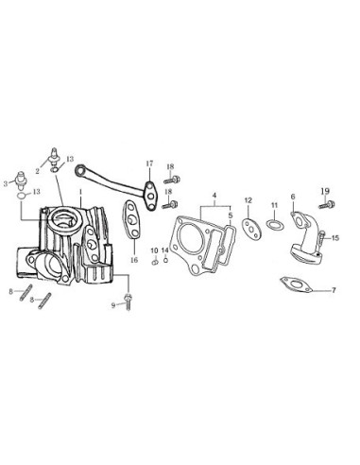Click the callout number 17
[x=149, y=164]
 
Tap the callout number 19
[x=325, y=191]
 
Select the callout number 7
[x=334, y=290]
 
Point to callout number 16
[x=134, y=260]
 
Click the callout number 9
[x=113, y=305]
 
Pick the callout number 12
[x=249, y=200]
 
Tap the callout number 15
[x=335, y=238]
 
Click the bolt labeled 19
[x=327, y=205]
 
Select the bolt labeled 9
[x=128, y=301]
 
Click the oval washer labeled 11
[x=275, y=225]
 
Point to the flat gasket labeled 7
[x=296, y=284]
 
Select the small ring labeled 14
[x=165, y=260]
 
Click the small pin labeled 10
[x=154, y=262]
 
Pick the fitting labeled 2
[x=54, y=156]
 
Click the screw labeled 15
[x=321, y=239]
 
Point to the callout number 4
[x=214, y=196]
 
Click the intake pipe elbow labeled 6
[x=305, y=239]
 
